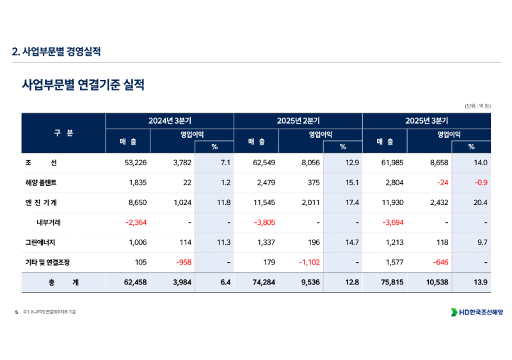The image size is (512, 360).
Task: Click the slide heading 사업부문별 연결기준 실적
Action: [x=83, y=85]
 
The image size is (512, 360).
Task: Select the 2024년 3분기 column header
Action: [x=170, y=120]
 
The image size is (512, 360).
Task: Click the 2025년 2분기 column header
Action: [x=298, y=120]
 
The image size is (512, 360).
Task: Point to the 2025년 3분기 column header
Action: [x=426, y=120]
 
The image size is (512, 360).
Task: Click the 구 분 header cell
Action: [x=63, y=133]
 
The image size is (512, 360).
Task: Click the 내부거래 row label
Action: [x=49, y=222]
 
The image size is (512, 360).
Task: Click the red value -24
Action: [x=441, y=183]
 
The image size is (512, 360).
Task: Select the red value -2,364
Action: [x=136, y=222]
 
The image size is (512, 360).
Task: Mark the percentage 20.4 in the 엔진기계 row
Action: [x=480, y=202]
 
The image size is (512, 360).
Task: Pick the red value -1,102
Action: [x=307, y=262]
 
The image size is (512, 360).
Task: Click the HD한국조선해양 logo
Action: [x=477, y=312]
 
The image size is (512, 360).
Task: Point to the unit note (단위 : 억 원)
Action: [x=477, y=106]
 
